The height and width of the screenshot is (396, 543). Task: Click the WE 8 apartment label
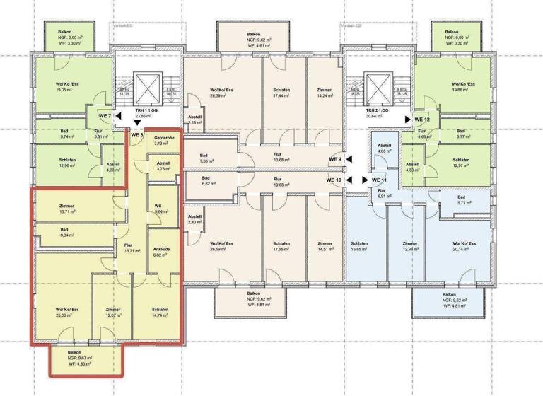pyautogui.click(x=137, y=134)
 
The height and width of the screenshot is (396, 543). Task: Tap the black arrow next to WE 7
pyautogui.click(x=118, y=115)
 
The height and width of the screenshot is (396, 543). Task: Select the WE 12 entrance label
pyautogui.click(x=422, y=120)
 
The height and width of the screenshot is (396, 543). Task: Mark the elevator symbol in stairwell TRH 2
pyautogui.click(x=375, y=88)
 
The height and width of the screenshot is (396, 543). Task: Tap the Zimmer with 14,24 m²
pyautogui.click(x=325, y=93)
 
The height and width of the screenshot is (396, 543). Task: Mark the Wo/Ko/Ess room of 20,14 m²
pyautogui.click(x=462, y=247)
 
